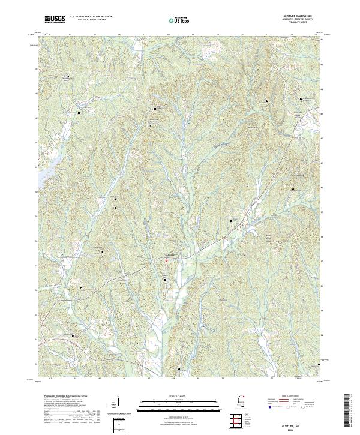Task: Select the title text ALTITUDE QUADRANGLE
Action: tap(301, 15)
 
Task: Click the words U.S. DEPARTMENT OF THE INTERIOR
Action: tap(91, 16)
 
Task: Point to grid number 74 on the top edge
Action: tap(314, 35)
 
